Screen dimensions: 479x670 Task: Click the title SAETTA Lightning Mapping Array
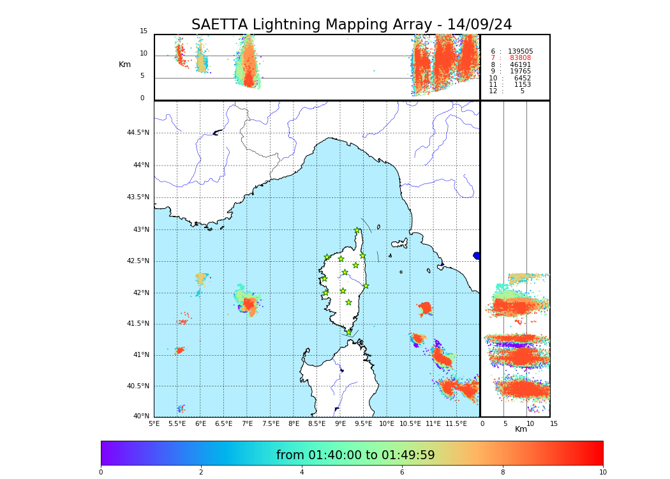(x=352, y=25)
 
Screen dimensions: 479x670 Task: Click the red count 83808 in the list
(x=520, y=58)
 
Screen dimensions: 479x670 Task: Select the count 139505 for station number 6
(x=520, y=51)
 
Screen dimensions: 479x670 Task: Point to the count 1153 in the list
(x=522, y=85)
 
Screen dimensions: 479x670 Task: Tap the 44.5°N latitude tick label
(x=138, y=133)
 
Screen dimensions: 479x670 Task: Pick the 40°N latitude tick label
(x=141, y=416)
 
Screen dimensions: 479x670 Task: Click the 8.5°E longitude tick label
(x=317, y=423)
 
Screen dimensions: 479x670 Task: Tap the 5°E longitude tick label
(x=154, y=423)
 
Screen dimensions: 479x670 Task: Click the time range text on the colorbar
(x=355, y=455)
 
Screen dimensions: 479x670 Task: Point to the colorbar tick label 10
(x=602, y=473)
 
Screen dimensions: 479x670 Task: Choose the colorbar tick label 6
(x=402, y=473)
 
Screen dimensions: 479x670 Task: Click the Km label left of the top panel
(x=124, y=65)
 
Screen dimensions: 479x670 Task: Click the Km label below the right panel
(x=521, y=429)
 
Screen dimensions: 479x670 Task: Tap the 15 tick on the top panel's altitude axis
(x=144, y=31)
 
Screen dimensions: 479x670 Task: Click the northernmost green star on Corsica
(x=357, y=231)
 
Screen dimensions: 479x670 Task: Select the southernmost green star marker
(x=348, y=332)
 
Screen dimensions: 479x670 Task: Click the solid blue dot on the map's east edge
(x=477, y=255)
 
